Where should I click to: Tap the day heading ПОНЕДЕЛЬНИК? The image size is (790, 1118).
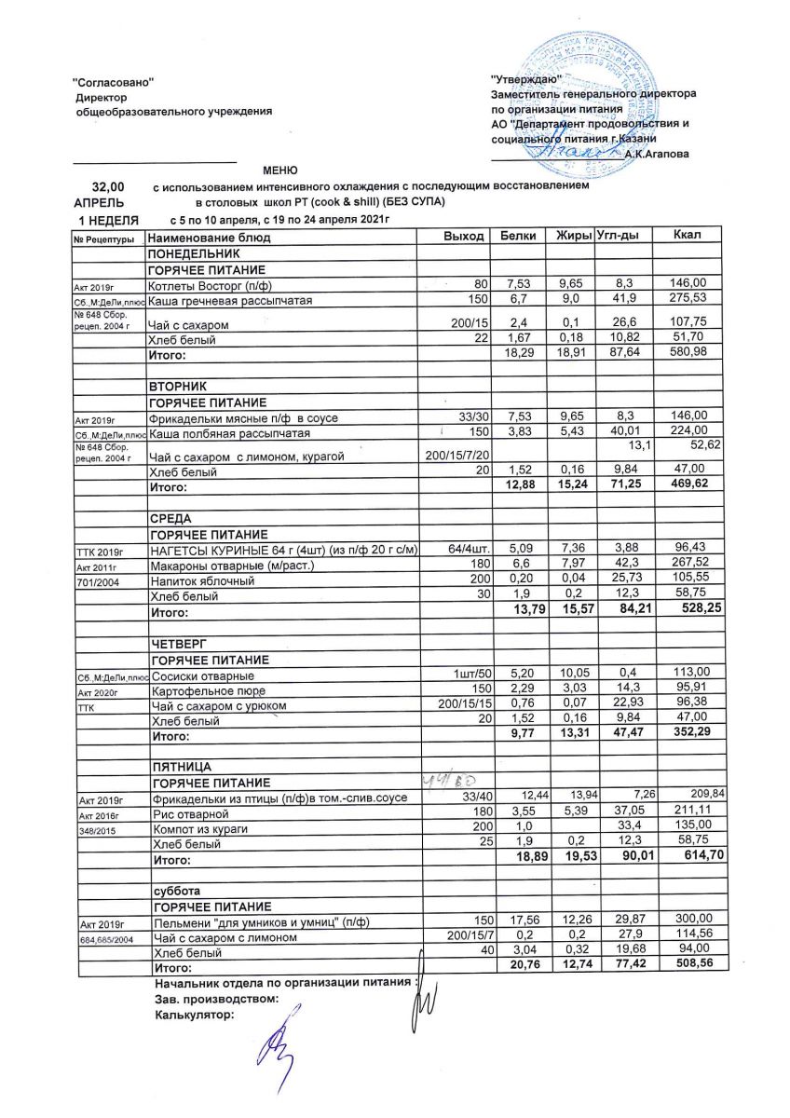187,253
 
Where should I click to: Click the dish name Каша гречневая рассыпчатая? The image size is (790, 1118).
229,302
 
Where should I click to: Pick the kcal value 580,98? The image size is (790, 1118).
690,354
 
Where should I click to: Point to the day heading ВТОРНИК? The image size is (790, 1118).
174,386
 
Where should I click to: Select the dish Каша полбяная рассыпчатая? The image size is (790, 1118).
228,434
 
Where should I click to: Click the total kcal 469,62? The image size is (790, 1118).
690,486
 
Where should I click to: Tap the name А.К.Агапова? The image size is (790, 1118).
657,154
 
